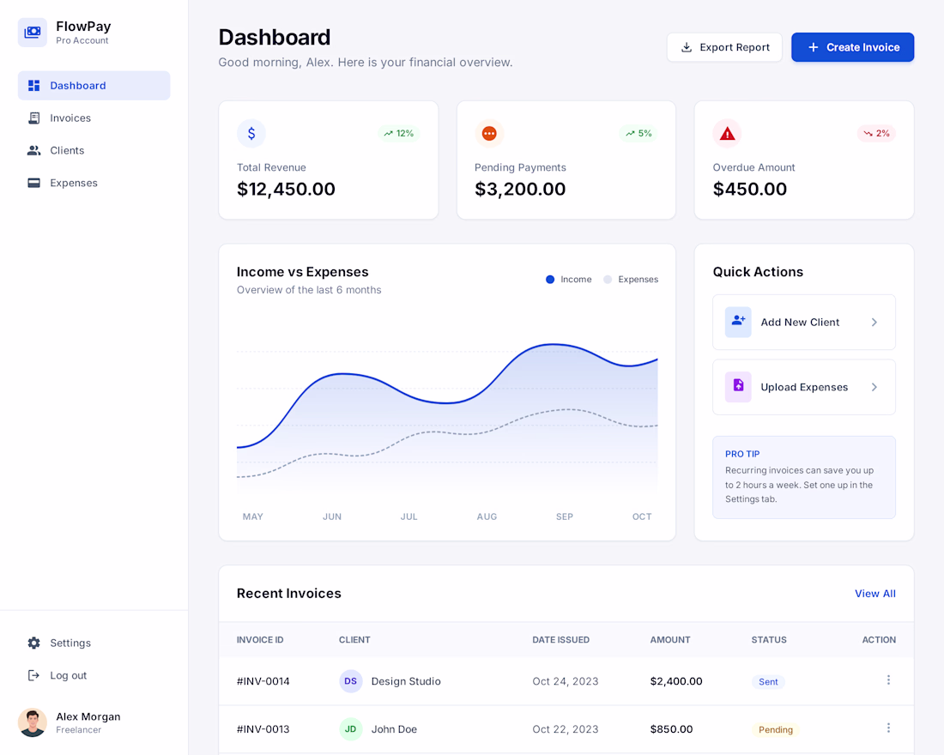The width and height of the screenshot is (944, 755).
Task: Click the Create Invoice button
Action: (852, 47)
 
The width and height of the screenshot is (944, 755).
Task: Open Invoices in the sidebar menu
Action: (70, 118)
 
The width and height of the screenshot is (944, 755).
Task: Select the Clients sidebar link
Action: (67, 150)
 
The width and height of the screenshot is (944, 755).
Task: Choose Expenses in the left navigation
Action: (74, 183)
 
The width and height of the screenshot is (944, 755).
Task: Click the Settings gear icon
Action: (33, 643)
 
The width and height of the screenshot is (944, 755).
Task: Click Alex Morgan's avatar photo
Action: (33, 722)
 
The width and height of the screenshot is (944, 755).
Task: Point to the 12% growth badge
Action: (398, 133)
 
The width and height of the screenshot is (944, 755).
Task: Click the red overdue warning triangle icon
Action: (727, 133)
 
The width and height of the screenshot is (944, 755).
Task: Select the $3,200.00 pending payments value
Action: (520, 189)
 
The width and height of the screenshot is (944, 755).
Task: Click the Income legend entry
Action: (568, 280)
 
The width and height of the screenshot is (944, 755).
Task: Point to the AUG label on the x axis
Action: (487, 516)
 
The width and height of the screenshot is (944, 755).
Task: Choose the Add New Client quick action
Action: (804, 322)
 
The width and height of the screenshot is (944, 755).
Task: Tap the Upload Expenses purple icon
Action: (738, 387)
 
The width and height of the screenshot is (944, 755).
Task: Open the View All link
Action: (874, 594)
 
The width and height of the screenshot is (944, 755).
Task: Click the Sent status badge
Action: (768, 681)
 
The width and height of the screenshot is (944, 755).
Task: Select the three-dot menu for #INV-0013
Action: (888, 728)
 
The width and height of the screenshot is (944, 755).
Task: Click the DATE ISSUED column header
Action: (560, 640)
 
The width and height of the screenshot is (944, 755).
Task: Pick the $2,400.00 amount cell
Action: (676, 681)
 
